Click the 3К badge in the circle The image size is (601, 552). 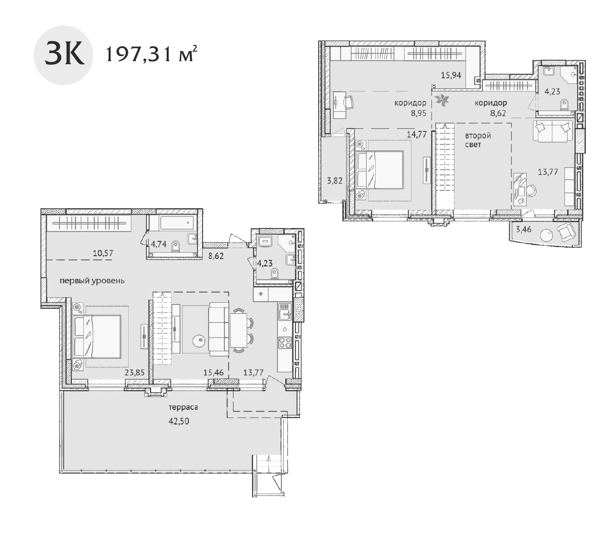[63, 55]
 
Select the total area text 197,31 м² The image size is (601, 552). [150, 54]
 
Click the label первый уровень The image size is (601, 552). [91, 281]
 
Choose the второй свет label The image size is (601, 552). [478, 140]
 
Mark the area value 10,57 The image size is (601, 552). [103, 253]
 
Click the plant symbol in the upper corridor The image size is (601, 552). [443, 100]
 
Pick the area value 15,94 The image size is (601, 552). [450, 75]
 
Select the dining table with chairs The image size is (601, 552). [239, 331]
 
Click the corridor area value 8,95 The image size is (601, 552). [419, 113]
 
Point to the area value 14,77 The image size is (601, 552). [417, 134]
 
